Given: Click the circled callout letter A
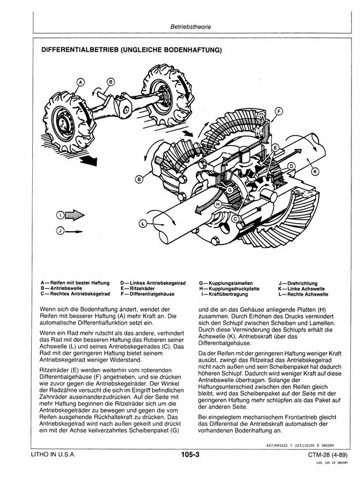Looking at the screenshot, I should [81, 83].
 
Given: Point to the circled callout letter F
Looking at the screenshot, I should [279, 111].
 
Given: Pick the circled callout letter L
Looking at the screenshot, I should [142, 222].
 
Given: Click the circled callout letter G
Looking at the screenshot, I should [230, 190].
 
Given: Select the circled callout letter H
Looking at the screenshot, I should [218, 204].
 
